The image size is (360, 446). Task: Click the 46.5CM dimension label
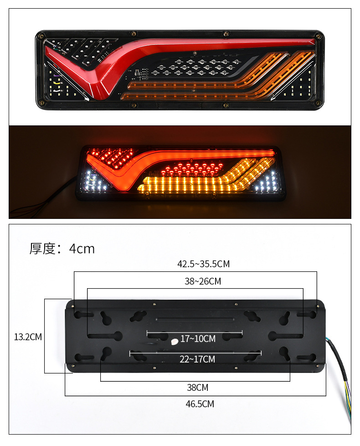(200, 404)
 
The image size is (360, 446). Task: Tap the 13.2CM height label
(28, 337)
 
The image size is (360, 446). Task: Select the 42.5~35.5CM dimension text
(203, 264)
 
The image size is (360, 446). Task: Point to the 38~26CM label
(203, 281)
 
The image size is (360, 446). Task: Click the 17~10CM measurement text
(198, 338)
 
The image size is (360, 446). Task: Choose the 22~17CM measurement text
(197, 359)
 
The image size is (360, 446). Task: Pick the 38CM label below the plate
(197, 388)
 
